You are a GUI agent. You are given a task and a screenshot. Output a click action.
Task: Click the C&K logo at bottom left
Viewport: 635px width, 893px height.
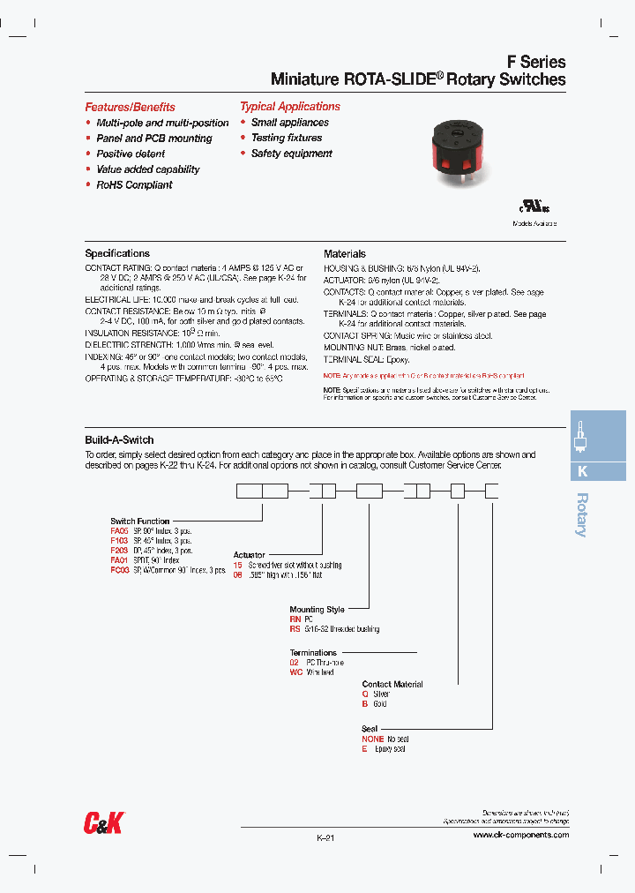pos(103,823)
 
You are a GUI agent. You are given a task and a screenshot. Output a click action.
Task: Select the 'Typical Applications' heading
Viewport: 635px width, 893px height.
pos(289,107)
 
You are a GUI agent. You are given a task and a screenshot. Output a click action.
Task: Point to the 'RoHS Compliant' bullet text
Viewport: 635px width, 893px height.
pos(134,185)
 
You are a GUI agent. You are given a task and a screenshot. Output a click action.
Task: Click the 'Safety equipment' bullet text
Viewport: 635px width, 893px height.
pos(291,154)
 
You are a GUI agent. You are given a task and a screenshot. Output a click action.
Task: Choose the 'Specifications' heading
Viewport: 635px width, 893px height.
pos(117,253)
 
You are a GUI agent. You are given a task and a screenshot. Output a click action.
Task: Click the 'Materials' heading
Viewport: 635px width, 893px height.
pos(344,253)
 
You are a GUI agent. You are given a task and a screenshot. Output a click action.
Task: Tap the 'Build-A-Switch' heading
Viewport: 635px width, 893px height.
pos(119,439)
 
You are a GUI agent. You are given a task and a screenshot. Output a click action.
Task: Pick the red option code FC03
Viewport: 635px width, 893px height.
pos(119,570)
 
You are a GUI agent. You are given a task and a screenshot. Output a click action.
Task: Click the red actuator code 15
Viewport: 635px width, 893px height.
pos(237,565)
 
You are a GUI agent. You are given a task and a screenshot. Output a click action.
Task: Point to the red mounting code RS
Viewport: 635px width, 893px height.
pos(295,629)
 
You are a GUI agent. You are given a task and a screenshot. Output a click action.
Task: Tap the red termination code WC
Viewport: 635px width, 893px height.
pos(295,672)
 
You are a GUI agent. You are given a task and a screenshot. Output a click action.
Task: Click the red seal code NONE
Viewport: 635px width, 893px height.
pos(373,739)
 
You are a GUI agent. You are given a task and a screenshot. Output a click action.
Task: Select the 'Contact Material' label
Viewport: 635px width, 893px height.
pos(392,684)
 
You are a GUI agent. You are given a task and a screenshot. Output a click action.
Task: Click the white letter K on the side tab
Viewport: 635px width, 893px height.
pos(582,471)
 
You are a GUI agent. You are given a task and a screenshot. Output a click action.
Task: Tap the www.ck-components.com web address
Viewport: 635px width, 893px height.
pos(520,835)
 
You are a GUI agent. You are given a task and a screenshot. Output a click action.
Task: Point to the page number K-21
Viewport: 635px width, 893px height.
pos(325,838)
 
